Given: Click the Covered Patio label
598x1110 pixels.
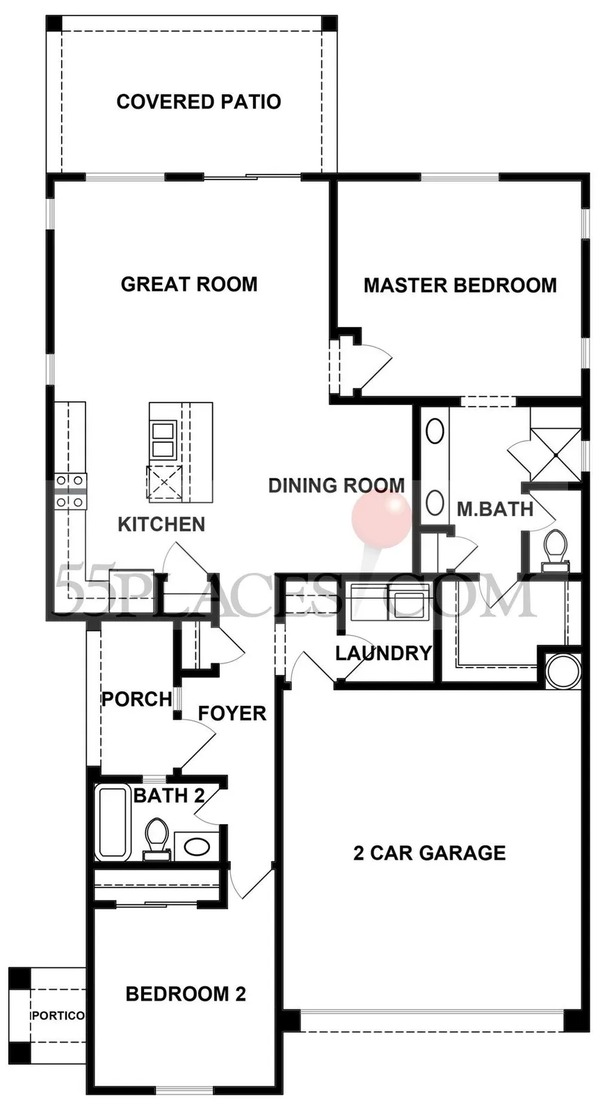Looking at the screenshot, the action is [x=199, y=102].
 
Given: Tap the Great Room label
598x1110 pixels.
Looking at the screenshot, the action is [x=189, y=284].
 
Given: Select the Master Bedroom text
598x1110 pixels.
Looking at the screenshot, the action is [x=460, y=285].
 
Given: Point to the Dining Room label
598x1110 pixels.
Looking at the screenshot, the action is [x=337, y=485].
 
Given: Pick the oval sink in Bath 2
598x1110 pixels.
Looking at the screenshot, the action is [x=197, y=847].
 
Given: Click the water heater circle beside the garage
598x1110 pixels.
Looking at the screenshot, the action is [x=563, y=670].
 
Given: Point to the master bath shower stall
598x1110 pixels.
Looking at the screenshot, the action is [x=555, y=454].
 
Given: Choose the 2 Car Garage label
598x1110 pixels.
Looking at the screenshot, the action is [x=430, y=853].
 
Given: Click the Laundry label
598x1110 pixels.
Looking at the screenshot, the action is [x=383, y=653].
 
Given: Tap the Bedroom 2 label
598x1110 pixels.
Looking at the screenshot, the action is [x=186, y=994].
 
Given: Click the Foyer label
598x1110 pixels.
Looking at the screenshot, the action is [x=232, y=713].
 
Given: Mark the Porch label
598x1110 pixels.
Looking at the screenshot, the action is [x=137, y=699].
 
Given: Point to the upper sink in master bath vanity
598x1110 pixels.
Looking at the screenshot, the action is [x=435, y=431].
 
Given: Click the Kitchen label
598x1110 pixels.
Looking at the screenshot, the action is [x=161, y=524].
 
